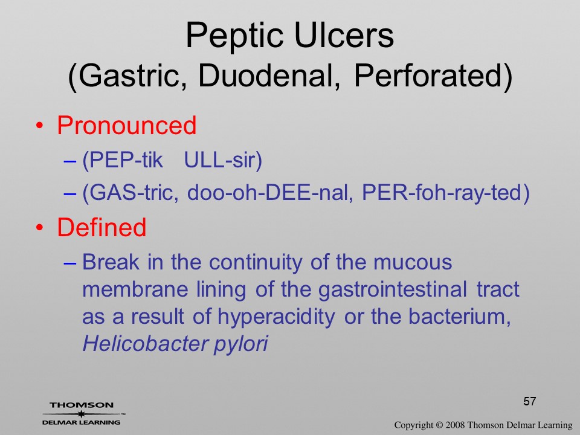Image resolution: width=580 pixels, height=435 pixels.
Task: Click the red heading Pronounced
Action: pyautogui.click(x=126, y=126)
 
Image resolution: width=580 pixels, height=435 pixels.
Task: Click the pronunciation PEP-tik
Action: pyautogui.click(x=123, y=161)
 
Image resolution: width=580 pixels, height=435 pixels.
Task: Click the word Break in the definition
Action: pyautogui.click(x=111, y=262)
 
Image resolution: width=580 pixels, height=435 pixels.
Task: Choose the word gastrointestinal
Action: pyautogui.click(x=393, y=289)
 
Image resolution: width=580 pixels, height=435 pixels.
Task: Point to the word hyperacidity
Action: pyautogui.click(x=276, y=317)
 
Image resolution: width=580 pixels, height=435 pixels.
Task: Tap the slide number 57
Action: pyautogui.click(x=530, y=401)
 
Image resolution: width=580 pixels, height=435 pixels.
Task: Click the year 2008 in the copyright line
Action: pyautogui.click(x=455, y=425)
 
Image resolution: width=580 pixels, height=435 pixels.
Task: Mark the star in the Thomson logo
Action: pyautogui.click(x=82, y=414)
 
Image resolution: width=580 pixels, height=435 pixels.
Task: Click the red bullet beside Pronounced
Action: pyautogui.click(x=40, y=126)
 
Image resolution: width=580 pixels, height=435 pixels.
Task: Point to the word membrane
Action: pyautogui.click(x=135, y=289)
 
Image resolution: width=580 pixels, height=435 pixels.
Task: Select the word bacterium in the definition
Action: pyautogui.click(x=459, y=317)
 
